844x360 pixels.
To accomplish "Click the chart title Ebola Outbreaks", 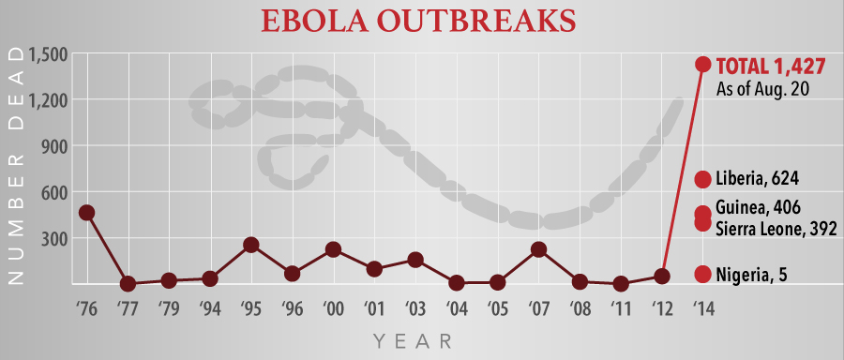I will pos(421,21).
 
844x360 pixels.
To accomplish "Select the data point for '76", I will pos(86,213).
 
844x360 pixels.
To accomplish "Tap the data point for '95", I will pos(251,245).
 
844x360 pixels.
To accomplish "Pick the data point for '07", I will pos(538,249).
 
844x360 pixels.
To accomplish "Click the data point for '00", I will pos(333,249).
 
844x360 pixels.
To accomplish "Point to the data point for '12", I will pos(662,276).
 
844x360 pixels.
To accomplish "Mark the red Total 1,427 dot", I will pos(702,65).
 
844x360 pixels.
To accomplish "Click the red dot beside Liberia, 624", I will pos(702,179).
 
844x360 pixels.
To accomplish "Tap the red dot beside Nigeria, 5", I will pos(702,274).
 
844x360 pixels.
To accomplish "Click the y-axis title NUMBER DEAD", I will pos(15,169).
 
